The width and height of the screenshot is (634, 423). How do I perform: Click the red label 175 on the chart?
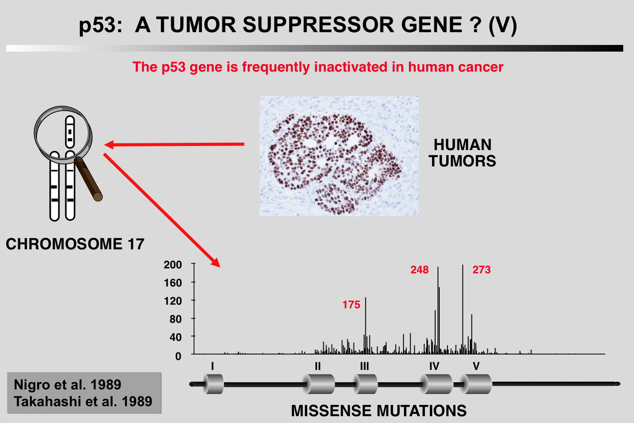[x=351, y=305]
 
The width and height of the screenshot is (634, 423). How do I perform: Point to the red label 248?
[x=419, y=270]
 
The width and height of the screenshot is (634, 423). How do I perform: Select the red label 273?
[x=481, y=270]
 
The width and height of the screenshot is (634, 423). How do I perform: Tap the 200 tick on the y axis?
[x=173, y=265]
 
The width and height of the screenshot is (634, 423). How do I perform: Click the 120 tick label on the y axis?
[x=173, y=301]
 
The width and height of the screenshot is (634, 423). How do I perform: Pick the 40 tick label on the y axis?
[x=176, y=337]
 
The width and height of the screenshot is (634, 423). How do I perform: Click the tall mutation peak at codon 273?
[x=463, y=309]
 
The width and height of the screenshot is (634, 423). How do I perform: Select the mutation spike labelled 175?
[x=365, y=326]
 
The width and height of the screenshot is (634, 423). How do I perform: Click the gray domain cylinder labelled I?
[x=213, y=384]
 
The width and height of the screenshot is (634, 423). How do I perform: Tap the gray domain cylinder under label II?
[x=318, y=384]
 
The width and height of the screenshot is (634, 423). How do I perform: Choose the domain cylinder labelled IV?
[x=436, y=384]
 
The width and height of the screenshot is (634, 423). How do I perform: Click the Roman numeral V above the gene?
[x=476, y=366]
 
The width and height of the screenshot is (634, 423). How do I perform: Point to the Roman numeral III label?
[x=365, y=366]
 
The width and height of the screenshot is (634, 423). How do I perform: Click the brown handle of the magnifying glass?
[x=88, y=179]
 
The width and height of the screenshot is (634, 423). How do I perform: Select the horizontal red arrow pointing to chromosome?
[x=174, y=145]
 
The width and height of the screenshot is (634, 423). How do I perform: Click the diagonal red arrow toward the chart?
[x=162, y=210]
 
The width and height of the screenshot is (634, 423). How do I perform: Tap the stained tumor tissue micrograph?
[x=339, y=156]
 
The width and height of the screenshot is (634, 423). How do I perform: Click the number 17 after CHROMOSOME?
[x=136, y=244]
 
